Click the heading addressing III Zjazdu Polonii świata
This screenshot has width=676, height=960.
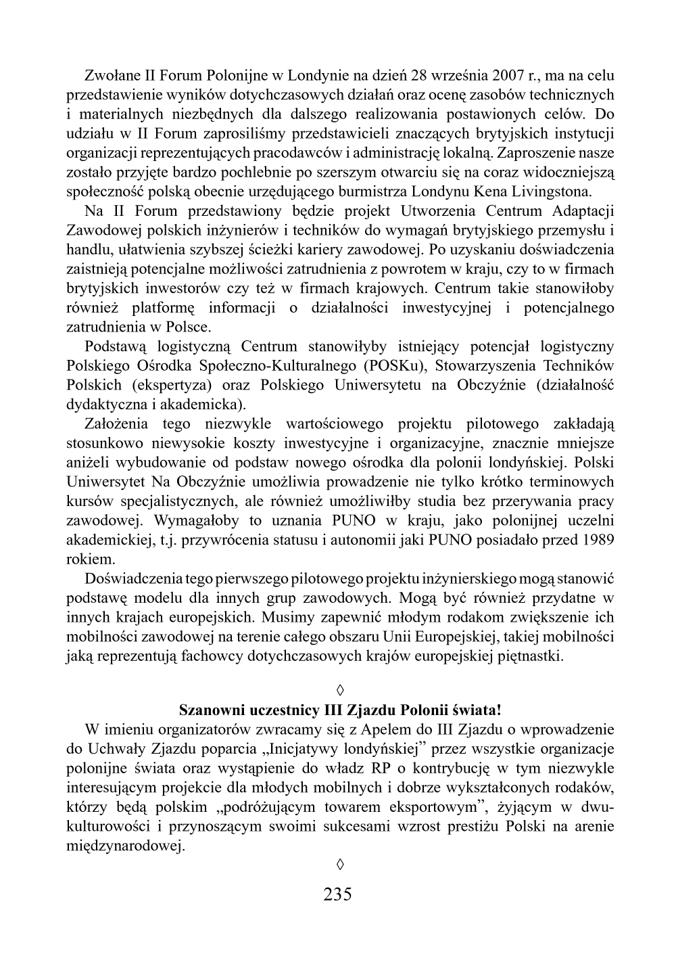(340, 710)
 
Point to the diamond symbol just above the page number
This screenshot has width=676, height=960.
(340, 864)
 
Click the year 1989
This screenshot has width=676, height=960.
(598, 540)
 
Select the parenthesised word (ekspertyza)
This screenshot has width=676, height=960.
(171, 386)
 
